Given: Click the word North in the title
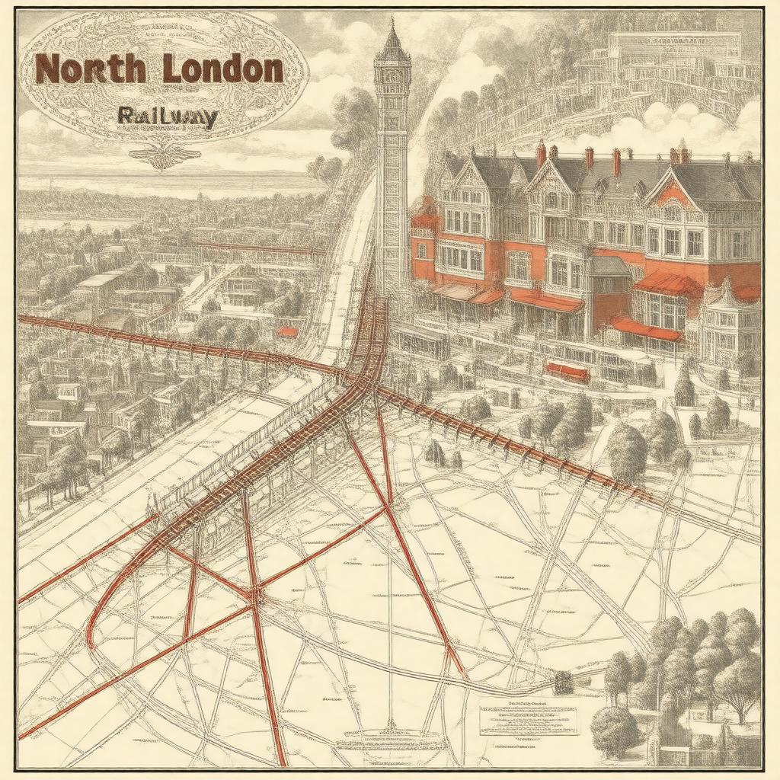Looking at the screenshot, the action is click(x=90, y=70).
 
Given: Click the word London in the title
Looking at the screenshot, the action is click(x=222, y=69).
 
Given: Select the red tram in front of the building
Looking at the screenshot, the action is click(x=567, y=372).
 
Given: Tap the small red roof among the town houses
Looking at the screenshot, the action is click(x=287, y=332).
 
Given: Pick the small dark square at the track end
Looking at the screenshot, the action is click(x=564, y=682).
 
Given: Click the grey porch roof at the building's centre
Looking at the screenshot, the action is click(x=609, y=266).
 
